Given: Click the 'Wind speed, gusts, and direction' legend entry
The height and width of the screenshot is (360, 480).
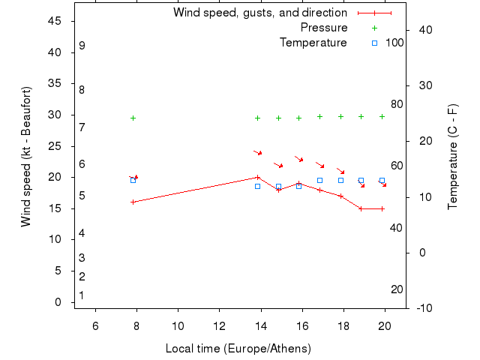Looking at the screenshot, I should (259, 13).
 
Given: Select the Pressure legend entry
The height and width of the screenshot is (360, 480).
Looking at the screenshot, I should (324, 28).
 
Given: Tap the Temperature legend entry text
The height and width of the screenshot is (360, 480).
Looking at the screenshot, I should (313, 43).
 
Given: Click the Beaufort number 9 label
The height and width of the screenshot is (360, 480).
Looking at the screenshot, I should (82, 46).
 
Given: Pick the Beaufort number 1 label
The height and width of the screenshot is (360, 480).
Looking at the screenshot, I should (82, 295).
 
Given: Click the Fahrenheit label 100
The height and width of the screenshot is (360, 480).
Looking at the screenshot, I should (394, 43).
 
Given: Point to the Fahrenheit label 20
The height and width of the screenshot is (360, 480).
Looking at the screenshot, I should (397, 289).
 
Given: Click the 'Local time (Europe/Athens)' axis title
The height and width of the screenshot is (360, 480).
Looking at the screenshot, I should (238, 349).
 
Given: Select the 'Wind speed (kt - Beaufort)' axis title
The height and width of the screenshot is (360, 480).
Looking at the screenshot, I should (27, 156).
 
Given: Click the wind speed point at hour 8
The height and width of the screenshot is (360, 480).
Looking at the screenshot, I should (133, 202).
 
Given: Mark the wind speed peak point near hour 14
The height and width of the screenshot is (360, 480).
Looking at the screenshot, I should (257, 178).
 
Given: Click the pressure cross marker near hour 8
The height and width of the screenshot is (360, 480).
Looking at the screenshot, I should (133, 118).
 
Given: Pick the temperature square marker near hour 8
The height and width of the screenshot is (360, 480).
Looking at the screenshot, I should (133, 180).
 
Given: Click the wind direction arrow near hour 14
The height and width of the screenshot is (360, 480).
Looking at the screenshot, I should (257, 152).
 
